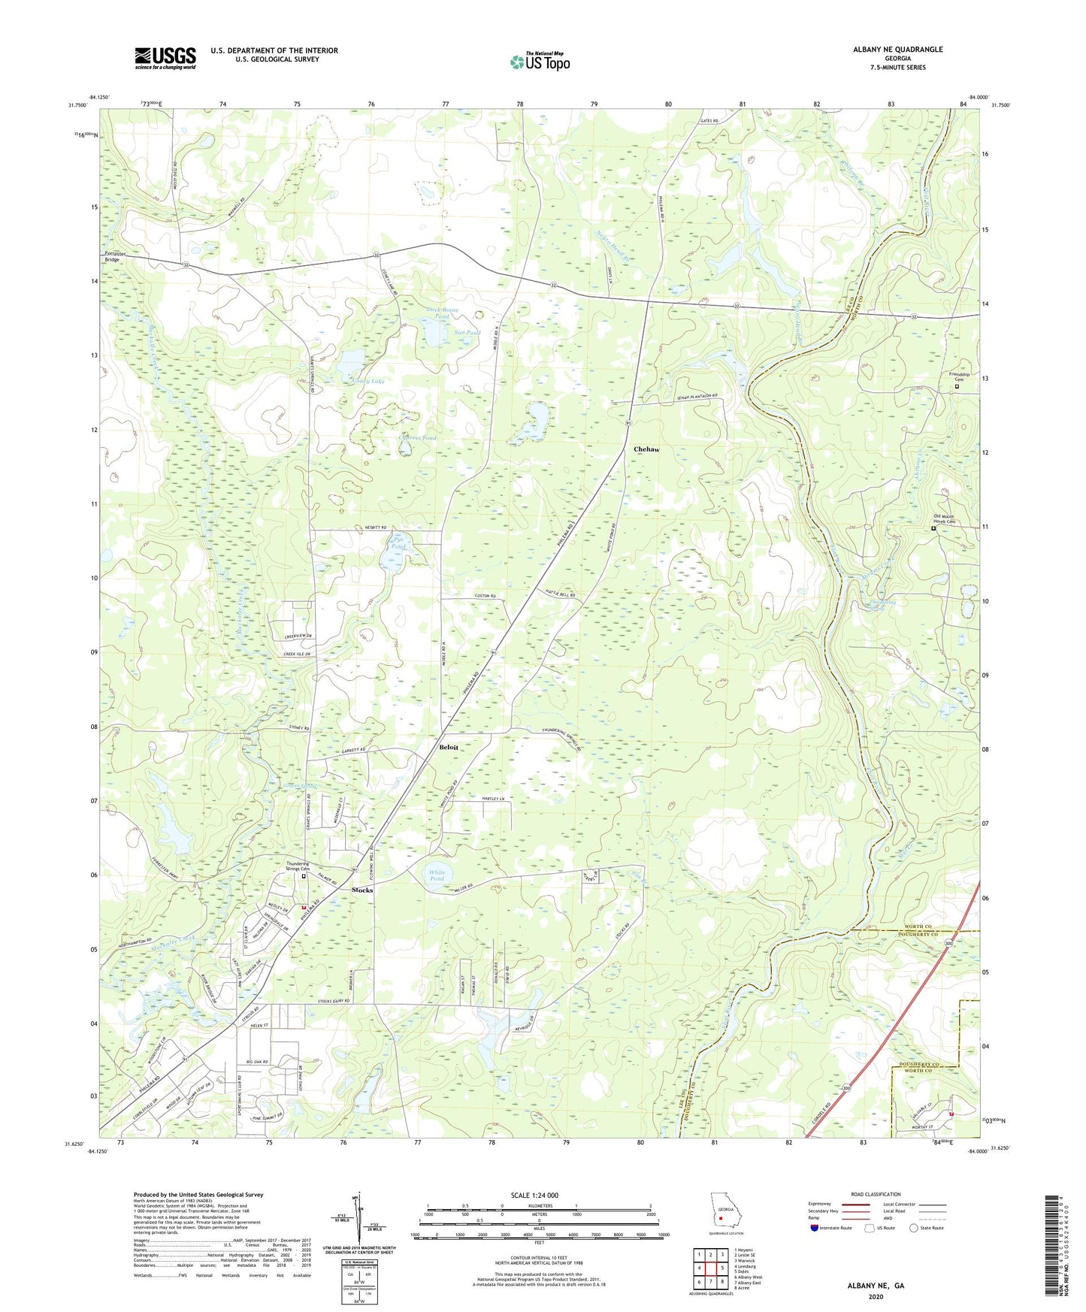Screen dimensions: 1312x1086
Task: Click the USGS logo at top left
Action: tap(165, 58)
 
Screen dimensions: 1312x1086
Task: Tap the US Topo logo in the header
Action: tap(540, 62)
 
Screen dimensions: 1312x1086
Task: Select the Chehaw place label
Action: tap(646, 449)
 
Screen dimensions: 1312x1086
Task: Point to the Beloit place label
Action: tap(449, 748)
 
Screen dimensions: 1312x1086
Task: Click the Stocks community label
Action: tap(362, 890)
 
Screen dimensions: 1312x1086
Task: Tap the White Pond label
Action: tap(437, 875)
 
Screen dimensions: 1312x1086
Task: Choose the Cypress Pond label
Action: tap(418, 437)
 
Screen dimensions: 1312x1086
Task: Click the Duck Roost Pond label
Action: tap(442, 313)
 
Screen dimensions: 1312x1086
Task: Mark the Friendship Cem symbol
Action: tap(957, 388)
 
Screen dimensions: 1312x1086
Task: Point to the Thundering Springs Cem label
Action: tap(303, 866)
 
